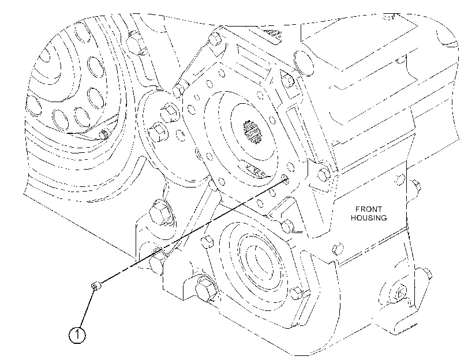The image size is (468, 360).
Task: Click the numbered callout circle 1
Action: pyautogui.click(x=77, y=335)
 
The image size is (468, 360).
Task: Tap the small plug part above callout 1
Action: pyautogui.click(x=96, y=287)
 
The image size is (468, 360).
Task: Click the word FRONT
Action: pyautogui.click(x=369, y=209)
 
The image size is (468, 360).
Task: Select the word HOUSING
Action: pyautogui.click(x=369, y=218)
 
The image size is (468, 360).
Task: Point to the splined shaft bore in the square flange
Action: pyautogui.click(x=252, y=132)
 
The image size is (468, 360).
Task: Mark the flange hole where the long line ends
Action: pyautogui.click(x=286, y=179)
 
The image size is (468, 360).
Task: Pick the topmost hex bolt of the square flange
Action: pyautogui.click(x=215, y=38)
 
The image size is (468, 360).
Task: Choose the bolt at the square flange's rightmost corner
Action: pyautogui.click(x=323, y=174)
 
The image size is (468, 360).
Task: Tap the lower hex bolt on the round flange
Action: pyautogui.click(x=158, y=132)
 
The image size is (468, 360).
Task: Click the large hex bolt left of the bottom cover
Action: pyautogui.click(x=205, y=290)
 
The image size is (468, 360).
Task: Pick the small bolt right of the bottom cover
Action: pyautogui.click(x=297, y=294)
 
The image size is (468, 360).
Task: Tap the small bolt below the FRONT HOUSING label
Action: pyautogui.click(x=338, y=248)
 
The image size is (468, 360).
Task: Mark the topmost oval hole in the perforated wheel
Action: pyautogui.click(x=81, y=33)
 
